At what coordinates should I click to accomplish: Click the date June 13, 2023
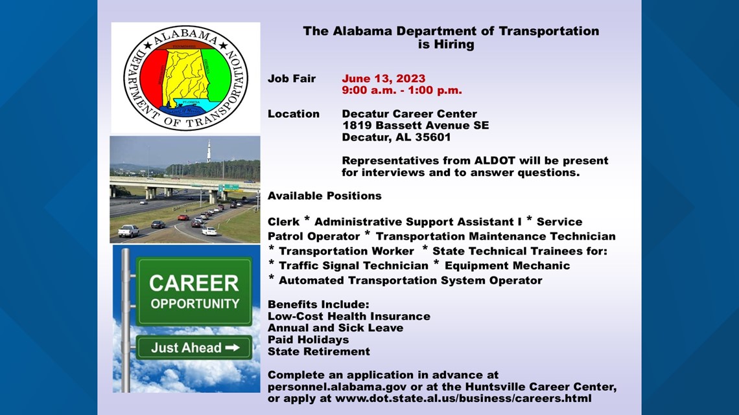(x=383, y=78)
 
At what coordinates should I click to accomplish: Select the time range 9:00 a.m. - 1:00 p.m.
(x=401, y=91)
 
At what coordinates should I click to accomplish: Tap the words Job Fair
(x=292, y=78)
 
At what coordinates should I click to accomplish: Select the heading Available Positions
(x=325, y=196)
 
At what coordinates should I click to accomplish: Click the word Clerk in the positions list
(x=284, y=221)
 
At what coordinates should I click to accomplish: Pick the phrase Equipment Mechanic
(x=507, y=266)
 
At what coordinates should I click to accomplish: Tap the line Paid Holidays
(x=308, y=340)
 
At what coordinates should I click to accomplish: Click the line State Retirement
(x=318, y=352)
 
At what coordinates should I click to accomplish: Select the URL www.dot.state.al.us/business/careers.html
(x=463, y=399)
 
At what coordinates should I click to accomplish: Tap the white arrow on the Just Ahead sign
(x=232, y=348)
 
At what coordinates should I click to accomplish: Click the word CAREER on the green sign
(x=194, y=284)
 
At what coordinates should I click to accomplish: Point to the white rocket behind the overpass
(x=209, y=151)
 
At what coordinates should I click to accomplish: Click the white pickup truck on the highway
(x=128, y=230)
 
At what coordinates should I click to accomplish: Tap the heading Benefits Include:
(x=318, y=304)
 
